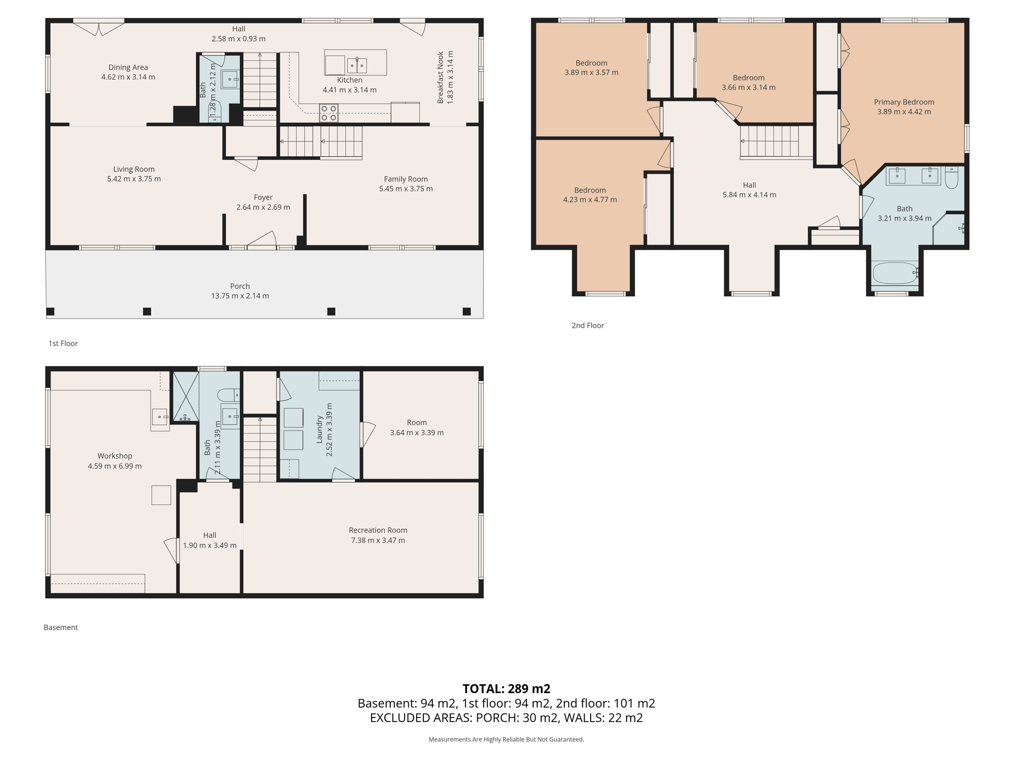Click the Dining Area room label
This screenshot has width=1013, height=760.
tap(128, 67)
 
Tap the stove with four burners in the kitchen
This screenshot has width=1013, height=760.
tap(329, 113)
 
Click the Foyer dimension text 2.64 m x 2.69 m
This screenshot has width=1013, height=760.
tap(263, 207)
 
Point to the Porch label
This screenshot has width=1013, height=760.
tap(240, 286)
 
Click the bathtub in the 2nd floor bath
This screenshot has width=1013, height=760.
tap(895, 273)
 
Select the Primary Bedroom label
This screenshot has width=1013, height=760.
tap(904, 102)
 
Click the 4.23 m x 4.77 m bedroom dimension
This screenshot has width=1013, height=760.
tap(590, 200)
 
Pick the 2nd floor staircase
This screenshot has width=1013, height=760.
tap(770, 142)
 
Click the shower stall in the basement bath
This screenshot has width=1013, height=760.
tap(185, 396)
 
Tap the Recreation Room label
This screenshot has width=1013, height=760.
tap(378, 530)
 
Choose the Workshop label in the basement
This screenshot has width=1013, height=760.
tap(115, 456)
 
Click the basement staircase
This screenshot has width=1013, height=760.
tap(260, 449)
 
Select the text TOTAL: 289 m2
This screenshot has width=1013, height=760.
tap(506, 688)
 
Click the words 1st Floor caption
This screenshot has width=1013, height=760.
tap(63, 343)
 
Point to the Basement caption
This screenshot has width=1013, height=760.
tap(61, 627)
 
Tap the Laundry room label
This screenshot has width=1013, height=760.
tap(320, 429)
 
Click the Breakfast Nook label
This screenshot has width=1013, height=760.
tap(440, 77)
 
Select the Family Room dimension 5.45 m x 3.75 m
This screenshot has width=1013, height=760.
tap(406, 189)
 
